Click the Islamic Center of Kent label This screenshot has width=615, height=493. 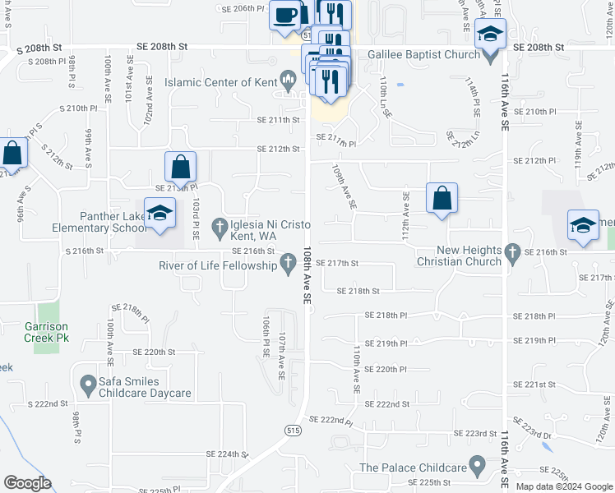(x=220, y=83)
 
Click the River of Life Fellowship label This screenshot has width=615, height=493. (x=218, y=265)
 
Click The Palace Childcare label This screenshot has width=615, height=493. (x=412, y=468)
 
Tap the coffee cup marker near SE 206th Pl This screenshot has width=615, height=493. (x=285, y=15)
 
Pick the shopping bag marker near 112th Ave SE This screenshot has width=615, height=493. (x=442, y=198)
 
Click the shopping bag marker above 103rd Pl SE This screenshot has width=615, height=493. (x=180, y=167)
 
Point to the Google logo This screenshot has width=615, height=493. (x=26, y=483)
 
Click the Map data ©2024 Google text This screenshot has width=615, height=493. (x=564, y=486)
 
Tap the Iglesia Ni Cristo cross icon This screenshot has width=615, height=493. (x=220, y=225)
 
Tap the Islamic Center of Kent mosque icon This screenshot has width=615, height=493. (x=288, y=80)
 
